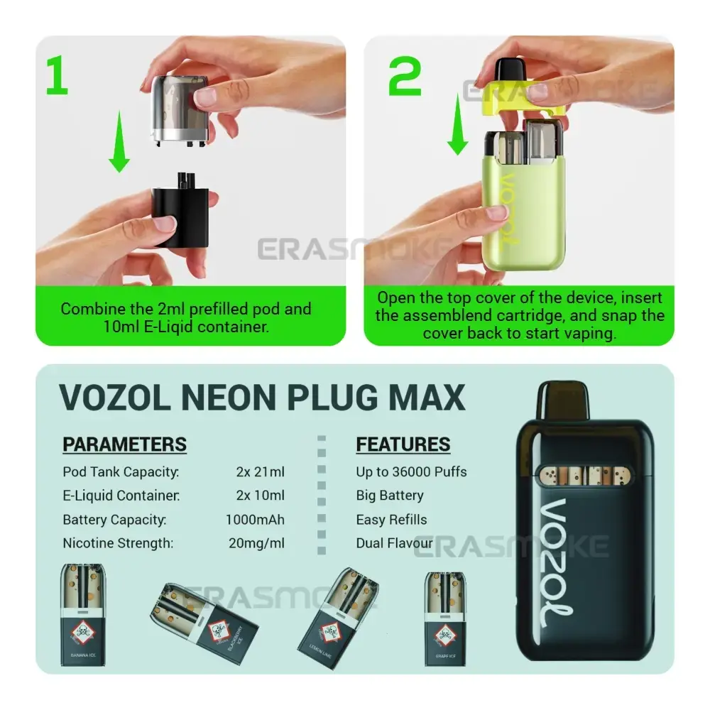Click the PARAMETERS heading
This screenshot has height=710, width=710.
click(124, 444)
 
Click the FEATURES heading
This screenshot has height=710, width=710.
click(403, 444)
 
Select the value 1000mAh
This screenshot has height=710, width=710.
click(255, 520)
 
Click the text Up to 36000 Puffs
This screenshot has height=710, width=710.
click(411, 471)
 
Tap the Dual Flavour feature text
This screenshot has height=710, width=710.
click(394, 544)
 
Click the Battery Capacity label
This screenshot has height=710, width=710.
click(114, 520)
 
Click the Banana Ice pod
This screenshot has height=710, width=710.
click(84, 614)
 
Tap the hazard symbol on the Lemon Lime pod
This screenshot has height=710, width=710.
click(330, 630)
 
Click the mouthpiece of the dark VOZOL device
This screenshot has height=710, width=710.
click(563, 401)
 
